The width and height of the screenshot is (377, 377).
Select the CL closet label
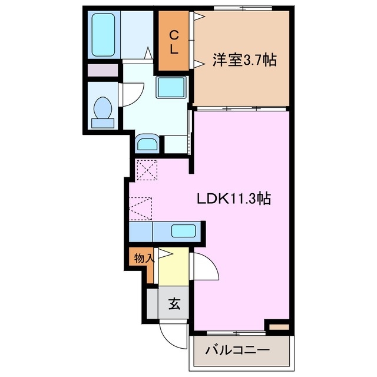pos(174,42)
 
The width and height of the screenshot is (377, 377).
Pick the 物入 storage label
pos(144,257)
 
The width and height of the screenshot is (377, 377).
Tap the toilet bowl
pos(103,110)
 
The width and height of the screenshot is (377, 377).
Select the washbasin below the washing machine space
pos(147,143)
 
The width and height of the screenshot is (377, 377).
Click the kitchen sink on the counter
pos(183,230)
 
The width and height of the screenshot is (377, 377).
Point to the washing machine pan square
pos(171,88)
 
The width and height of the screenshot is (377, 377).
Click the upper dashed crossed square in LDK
pos(147,171)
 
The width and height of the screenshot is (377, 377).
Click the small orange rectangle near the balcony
pos(278,326)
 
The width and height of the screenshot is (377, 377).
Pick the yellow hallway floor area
pos(174,268)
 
